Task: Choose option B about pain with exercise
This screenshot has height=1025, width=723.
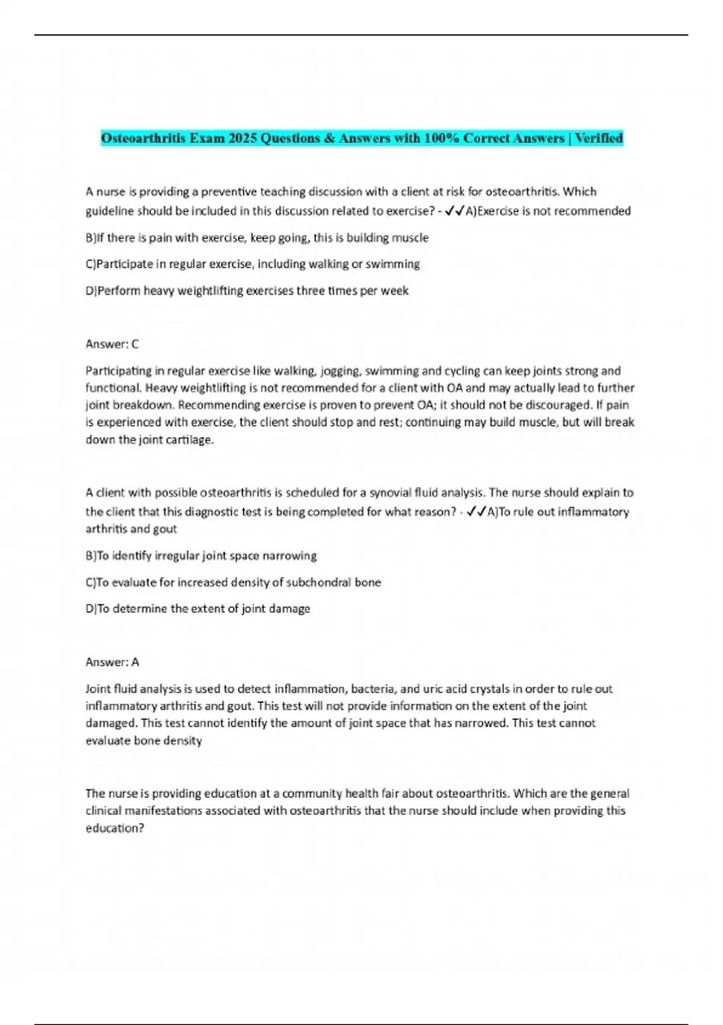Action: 257,238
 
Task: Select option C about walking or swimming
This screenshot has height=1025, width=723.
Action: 253,264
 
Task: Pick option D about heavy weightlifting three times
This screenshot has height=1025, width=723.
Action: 247,291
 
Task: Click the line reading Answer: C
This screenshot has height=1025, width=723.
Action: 112,344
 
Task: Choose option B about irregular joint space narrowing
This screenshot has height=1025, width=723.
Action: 201,555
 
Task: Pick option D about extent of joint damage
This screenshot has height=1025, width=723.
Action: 198,609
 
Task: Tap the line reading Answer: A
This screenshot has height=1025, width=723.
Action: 112,662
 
